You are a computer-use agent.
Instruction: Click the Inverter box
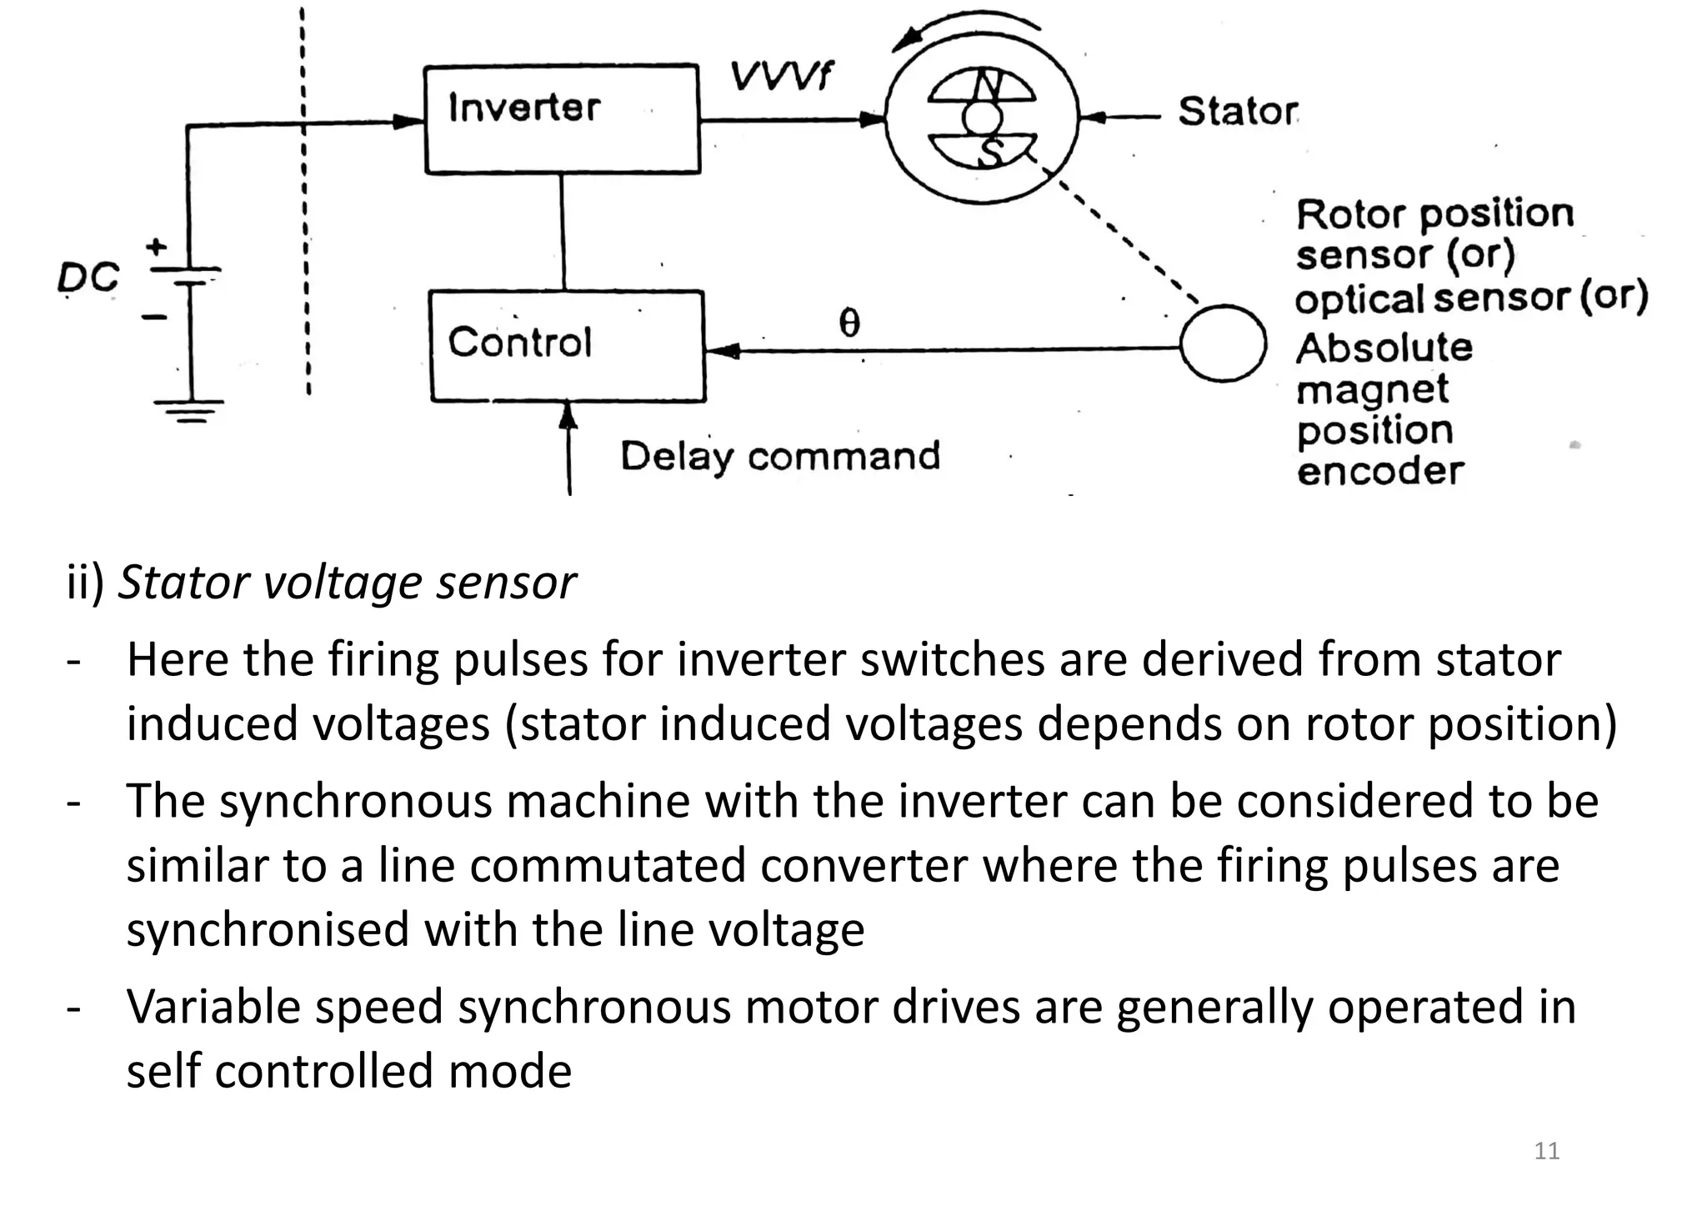pos(562,119)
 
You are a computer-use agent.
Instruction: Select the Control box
pos(567,346)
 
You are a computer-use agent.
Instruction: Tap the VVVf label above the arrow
pos(780,77)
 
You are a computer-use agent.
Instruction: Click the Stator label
pos(1238,111)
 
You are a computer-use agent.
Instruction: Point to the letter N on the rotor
pos(988,84)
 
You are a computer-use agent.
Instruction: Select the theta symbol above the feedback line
pos(848,323)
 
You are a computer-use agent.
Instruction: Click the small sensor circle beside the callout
pos(1224,343)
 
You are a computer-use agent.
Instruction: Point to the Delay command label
pos(780,456)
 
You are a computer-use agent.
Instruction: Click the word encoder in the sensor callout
pos(1379,472)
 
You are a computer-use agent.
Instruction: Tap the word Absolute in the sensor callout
pos(1384,348)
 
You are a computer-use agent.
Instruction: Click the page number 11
pos(1546,1151)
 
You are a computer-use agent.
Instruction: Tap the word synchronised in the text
pos(268,929)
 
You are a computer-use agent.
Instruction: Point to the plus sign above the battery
pos(156,247)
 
